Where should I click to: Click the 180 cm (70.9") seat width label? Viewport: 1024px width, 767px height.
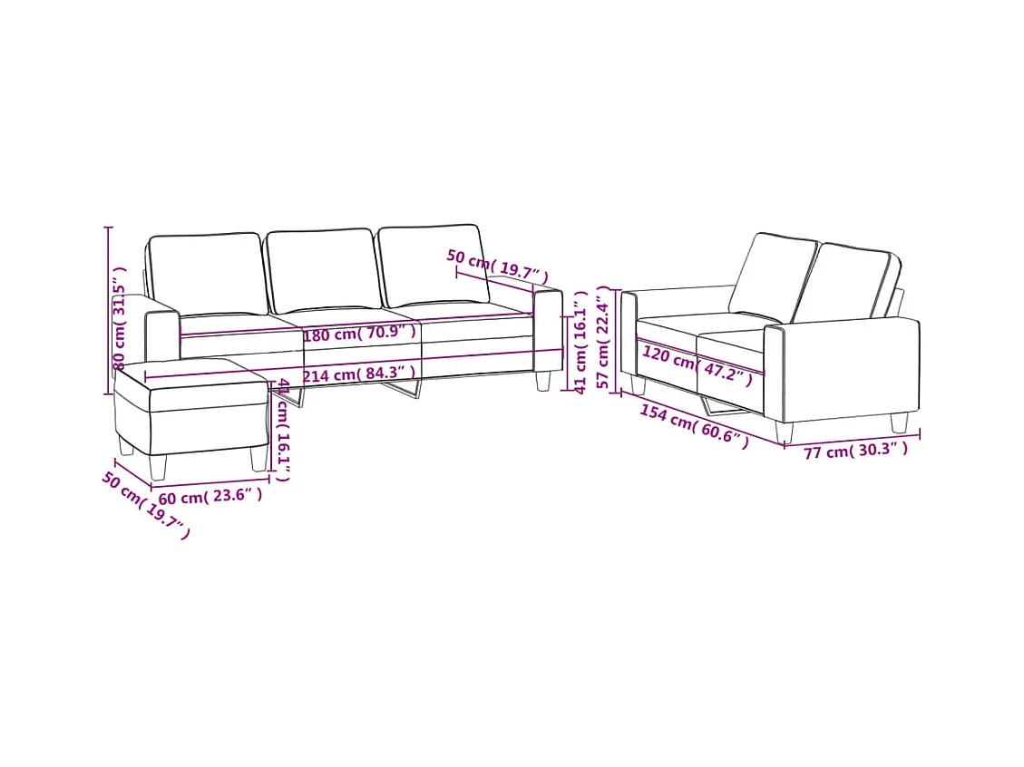[x=359, y=335]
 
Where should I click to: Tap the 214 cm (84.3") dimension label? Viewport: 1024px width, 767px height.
[x=359, y=374]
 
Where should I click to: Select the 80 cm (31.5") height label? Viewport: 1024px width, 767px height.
[x=119, y=318]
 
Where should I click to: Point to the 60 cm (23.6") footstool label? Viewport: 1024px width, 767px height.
[x=210, y=496]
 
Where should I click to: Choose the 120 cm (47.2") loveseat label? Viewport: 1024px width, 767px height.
[x=697, y=364]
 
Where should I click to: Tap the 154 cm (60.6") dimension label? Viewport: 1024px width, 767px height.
[x=695, y=426]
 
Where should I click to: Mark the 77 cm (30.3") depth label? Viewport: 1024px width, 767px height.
[x=854, y=450]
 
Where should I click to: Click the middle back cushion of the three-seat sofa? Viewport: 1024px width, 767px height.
[x=321, y=270]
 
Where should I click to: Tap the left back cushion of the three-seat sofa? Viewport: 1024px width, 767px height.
[x=206, y=274]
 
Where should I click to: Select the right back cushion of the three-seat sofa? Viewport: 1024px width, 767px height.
[x=431, y=263]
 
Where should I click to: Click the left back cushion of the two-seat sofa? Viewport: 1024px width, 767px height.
[x=773, y=274]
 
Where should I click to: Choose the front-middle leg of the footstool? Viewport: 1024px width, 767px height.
[x=159, y=465]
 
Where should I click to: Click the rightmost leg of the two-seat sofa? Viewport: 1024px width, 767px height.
[x=899, y=422]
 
